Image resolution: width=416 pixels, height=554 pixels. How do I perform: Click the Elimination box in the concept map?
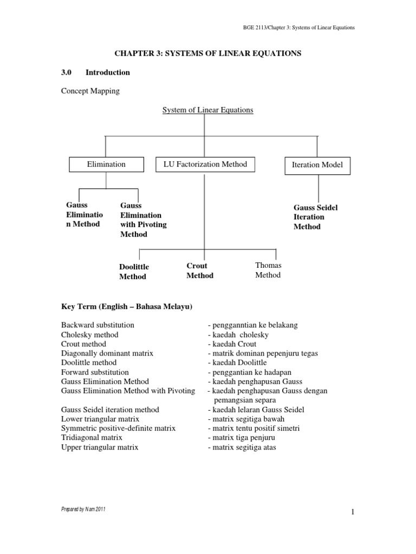coord(106,164)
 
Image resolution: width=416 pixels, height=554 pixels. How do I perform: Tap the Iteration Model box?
coord(317,165)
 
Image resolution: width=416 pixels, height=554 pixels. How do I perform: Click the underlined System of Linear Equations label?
coord(208,110)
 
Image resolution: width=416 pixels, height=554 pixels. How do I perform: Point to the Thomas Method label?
coord(268,270)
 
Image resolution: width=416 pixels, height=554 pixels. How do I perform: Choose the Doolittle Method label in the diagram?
coord(134,272)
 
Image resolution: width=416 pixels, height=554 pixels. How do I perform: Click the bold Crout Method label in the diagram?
coord(200,271)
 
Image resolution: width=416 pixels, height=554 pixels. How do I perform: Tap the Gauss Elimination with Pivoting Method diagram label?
coord(143,220)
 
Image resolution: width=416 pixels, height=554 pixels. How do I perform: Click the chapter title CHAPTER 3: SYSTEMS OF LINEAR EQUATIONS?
coord(207,53)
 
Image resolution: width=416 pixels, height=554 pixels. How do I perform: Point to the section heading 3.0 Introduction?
coord(95,72)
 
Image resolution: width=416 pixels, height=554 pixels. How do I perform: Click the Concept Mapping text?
coord(90,91)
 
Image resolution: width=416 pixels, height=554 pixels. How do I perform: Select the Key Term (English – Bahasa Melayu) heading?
coord(127,307)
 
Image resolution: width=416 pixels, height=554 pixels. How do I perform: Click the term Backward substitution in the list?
coord(97,325)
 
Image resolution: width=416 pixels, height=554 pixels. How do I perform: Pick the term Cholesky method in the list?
coord(89,334)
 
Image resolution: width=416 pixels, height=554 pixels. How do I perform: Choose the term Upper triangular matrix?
coord(100,447)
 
